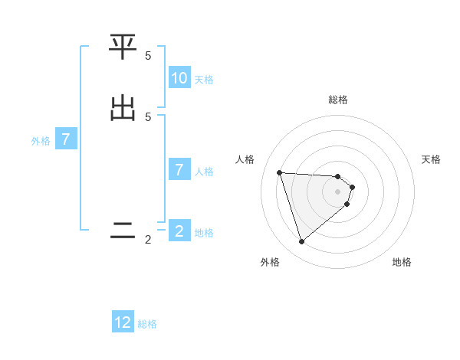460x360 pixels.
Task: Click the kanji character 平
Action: click(x=123, y=47)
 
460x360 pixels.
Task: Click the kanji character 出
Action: click(x=123, y=107)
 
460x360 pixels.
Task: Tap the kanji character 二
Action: click(x=123, y=231)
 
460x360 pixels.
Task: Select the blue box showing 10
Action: click(x=179, y=78)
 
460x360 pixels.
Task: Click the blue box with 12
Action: click(x=123, y=323)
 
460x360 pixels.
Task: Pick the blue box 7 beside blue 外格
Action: click(x=66, y=140)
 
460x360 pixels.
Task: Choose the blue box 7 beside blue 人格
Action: click(x=179, y=170)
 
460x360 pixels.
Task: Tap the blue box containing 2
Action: click(x=179, y=231)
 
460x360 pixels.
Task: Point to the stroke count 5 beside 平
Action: click(x=148, y=56)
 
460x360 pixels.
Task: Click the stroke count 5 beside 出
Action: click(x=148, y=116)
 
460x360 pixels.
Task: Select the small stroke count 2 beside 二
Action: click(x=148, y=240)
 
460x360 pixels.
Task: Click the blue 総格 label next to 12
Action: click(x=147, y=325)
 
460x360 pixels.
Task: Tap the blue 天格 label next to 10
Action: click(x=204, y=80)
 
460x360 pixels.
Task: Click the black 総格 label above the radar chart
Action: click(x=338, y=100)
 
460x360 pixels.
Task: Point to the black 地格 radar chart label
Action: click(x=402, y=262)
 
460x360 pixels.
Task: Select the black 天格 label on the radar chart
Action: click(x=432, y=159)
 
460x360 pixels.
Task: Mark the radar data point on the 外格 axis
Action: click(x=301, y=242)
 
